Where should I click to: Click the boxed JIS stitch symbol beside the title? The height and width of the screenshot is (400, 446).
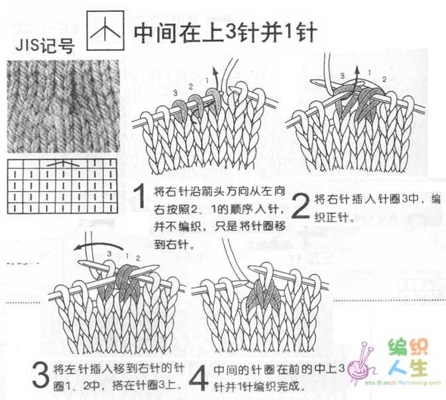pyautogui.click(x=105, y=31)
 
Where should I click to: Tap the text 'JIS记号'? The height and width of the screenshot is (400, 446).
pyautogui.click(x=44, y=46)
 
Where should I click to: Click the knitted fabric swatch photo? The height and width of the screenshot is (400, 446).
pyautogui.click(x=63, y=107)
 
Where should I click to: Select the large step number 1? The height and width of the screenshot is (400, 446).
pyautogui.click(x=140, y=196)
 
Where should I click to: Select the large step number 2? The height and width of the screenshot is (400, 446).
pyautogui.click(x=300, y=206)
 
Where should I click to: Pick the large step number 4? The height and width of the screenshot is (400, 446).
pyautogui.click(x=199, y=378)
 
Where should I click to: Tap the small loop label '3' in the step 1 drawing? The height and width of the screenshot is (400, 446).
pyautogui.click(x=175, y=93)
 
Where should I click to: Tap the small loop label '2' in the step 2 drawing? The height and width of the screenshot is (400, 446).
pyautogui.click(x=384, y=80)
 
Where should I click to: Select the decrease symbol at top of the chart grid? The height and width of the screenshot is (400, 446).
pyautogui.click(x=62, y=164)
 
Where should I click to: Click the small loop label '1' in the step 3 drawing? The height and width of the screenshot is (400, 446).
pyautogui.click(x=127, y=255)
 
